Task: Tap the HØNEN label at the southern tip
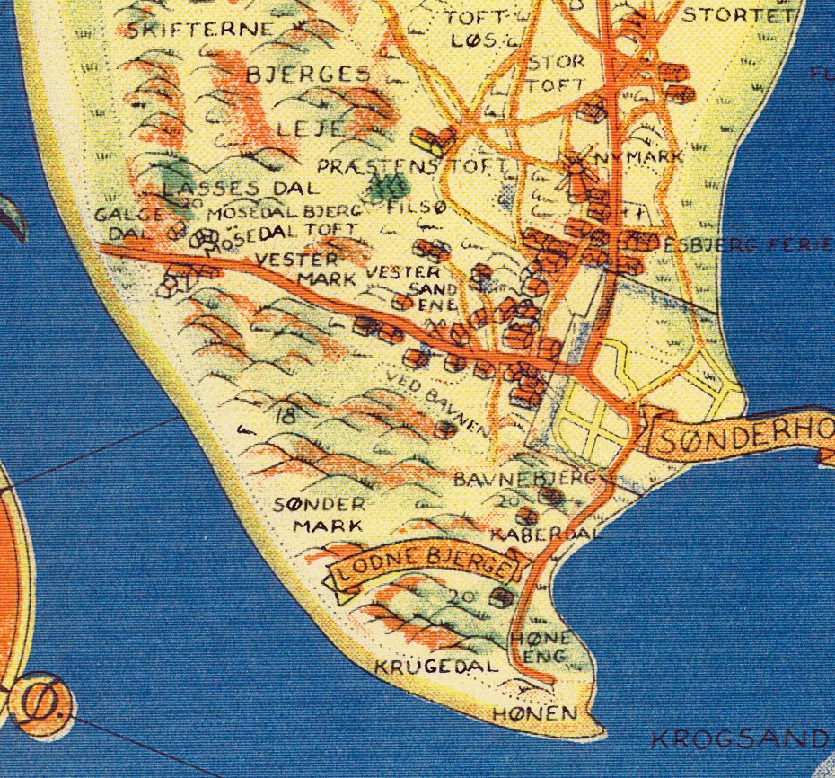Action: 533,714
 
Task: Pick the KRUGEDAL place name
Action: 435,667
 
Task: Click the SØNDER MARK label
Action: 320,515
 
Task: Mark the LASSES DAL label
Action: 242,189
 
